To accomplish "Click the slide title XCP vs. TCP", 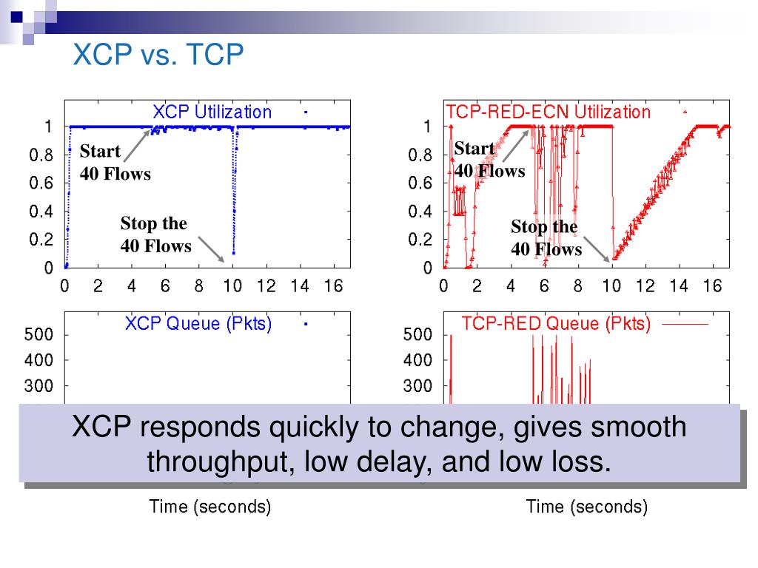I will point(158,55).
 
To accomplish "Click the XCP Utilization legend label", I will point(212,112).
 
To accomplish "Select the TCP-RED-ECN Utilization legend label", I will point(549,112).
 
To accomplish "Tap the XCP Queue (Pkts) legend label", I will point(198,323).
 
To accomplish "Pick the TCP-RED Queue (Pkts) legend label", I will point(556,323).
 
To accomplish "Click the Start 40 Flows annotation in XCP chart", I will point(115,163).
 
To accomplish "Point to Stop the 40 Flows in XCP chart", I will point(155,234).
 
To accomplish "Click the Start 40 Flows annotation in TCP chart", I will point(489,160).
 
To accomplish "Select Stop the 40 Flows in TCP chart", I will point(546,238).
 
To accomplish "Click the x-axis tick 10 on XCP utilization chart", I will point(233,287).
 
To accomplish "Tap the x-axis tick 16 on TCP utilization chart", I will point(712,287).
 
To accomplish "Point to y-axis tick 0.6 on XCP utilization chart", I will point(41,183).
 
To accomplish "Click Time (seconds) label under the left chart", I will point(210,507).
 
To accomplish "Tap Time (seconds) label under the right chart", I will point(587,507).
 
